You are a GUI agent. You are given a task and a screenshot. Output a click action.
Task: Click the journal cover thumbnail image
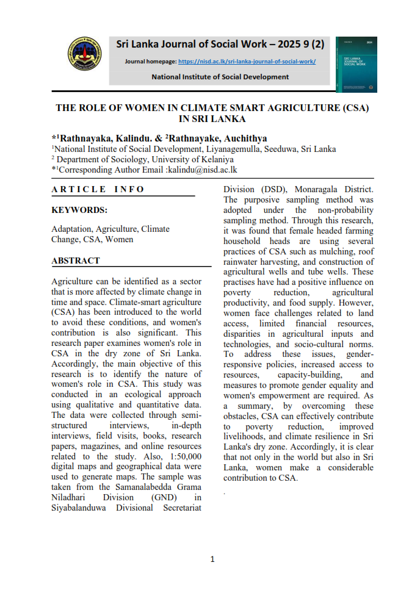(x=356, y=65)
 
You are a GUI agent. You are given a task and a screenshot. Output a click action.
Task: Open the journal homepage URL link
(x=247, y=62)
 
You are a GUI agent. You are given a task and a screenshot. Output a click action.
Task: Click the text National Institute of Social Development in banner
(x=220, y=77)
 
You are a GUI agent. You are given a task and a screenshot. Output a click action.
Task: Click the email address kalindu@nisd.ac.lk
(x=201, y=170)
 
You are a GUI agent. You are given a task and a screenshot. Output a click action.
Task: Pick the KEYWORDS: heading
(x=79, y=210)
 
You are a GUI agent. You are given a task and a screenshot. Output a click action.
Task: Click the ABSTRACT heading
(x=76, y=261)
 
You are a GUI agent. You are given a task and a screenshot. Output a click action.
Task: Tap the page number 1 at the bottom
(x=212, y=559)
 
